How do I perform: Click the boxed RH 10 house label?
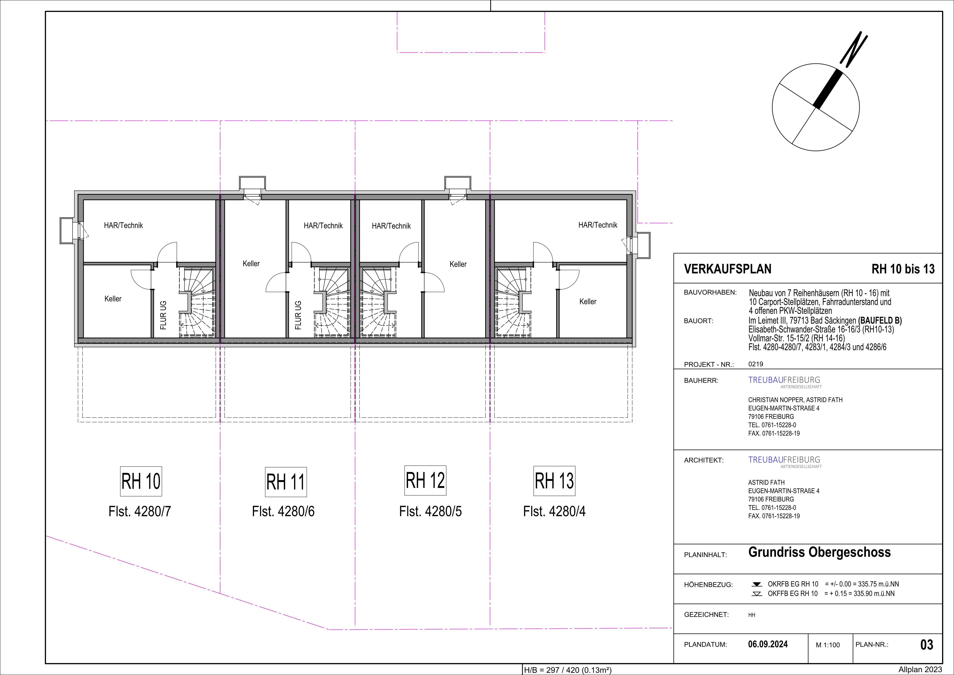[141, 481]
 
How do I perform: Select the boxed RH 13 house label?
[554, 481]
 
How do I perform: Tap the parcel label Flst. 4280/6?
[283, 511]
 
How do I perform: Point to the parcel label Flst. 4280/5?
[430, 511]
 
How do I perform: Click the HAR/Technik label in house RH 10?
[123, 225]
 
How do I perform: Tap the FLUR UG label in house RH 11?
[298, 315]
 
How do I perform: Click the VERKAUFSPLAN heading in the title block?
[727, 269]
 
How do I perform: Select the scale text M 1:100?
[828, 645]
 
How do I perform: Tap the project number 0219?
[756, 364]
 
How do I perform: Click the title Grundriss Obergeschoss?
[819, 552]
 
